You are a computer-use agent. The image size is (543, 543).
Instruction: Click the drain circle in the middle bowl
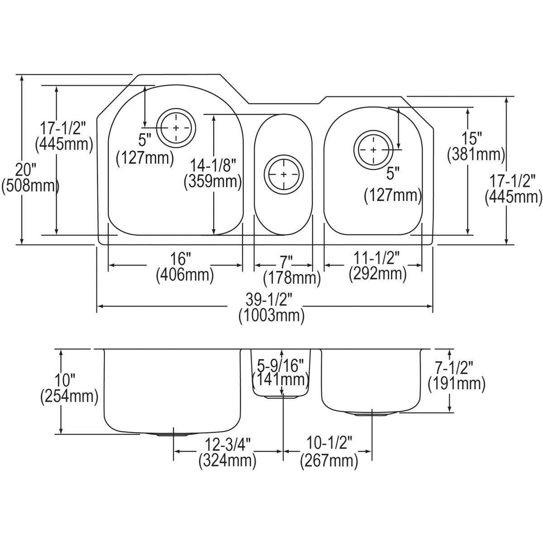coord(284,174)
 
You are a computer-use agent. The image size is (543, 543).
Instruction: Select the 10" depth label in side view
coord(69,380)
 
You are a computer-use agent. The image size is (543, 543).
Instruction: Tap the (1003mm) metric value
coord(271,315)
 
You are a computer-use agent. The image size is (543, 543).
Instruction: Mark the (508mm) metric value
coord(30,186)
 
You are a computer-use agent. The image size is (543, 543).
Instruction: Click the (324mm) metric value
coord(227,461)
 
